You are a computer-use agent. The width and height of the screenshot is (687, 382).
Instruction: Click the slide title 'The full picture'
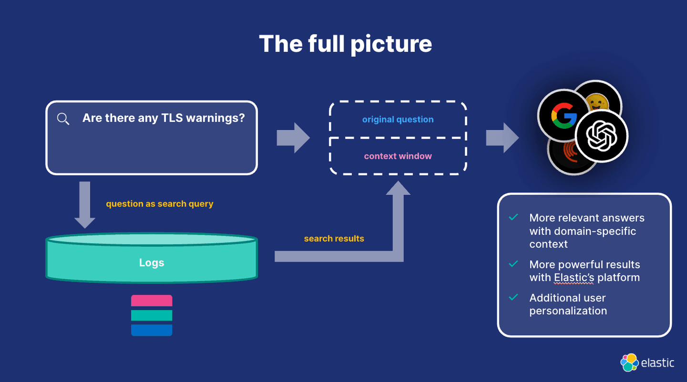point(345,43)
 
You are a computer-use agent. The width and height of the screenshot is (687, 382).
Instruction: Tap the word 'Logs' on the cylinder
point(152,263)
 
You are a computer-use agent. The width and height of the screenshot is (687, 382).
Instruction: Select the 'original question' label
point(398,120)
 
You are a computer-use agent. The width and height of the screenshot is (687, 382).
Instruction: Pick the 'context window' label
point(398,156)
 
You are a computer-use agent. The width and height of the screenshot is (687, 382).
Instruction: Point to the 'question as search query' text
point(159,204)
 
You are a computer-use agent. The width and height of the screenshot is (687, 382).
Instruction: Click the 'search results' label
point(334,238)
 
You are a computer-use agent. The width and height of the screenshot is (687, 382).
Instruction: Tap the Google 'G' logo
point(563,116)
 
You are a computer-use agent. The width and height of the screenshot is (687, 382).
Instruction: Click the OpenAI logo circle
point(601,136)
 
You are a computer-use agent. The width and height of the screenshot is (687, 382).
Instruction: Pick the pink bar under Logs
point(152,300)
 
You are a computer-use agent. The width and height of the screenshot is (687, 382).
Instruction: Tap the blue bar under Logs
point(152,330)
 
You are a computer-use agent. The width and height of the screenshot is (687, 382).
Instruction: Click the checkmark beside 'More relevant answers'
point(513,217)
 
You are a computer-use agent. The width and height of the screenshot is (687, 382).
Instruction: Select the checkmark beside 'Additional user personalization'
point(513,298)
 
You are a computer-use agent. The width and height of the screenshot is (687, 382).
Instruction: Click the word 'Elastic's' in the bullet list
point(574,278)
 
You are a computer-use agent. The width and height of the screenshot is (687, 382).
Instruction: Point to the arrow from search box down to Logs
point(85,204)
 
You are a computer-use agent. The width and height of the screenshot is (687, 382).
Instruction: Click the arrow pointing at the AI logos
point(502,138)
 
